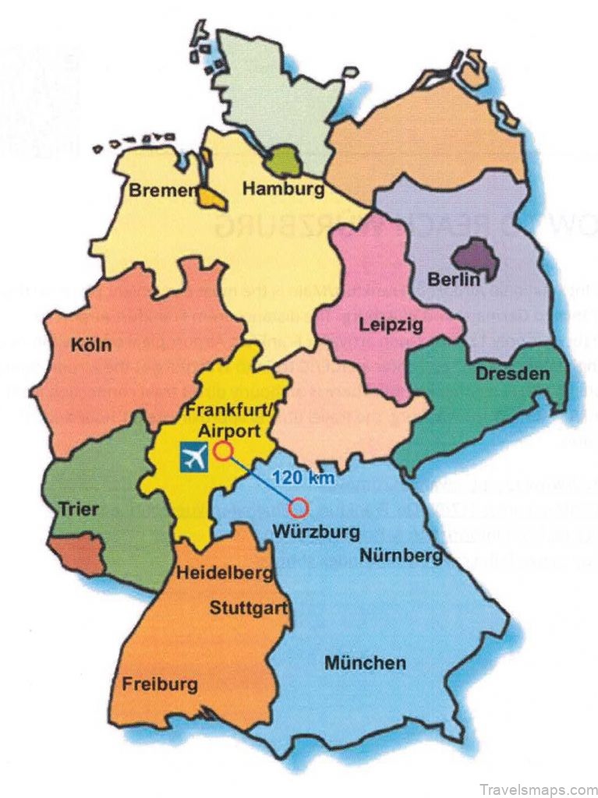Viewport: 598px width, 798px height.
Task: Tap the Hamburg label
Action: point(282,188)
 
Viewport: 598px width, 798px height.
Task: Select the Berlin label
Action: point(454,279)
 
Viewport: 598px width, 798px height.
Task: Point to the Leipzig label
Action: point(391,324)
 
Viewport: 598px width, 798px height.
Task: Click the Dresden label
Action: point(512,373)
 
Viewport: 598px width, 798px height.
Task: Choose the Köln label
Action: point(90,344)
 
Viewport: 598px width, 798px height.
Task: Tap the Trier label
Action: point(79,510)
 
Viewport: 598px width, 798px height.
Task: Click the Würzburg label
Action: point(317,533)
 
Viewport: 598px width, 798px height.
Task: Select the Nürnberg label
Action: point(401,555)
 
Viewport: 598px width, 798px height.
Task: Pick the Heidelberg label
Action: point(225,574)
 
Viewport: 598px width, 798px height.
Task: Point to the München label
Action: point(365,663)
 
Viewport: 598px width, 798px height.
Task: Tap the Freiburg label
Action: point(159,685)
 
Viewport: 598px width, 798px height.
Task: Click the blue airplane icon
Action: point(194,457)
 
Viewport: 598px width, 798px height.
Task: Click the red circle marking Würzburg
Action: point(298,510)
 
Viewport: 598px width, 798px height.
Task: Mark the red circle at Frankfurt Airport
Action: point(224,450)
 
